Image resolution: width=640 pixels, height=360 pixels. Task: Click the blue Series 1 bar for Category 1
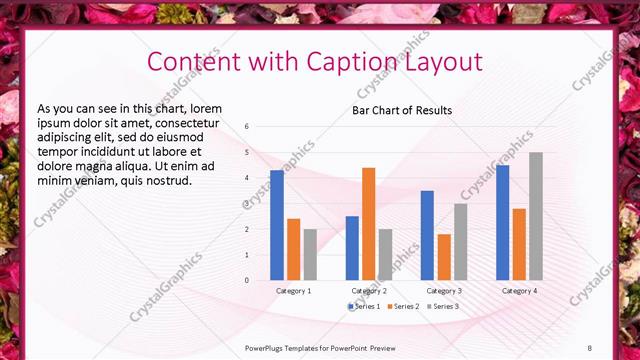(x=277, y=225)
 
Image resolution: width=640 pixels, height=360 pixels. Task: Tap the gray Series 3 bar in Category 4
(x=536, y=216)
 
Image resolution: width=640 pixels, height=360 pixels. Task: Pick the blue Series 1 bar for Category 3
(x=427, y=235)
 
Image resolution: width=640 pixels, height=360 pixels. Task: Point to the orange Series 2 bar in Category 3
(x=444, y=257)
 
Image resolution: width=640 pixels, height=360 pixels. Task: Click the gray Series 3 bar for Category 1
(x=310, y=254)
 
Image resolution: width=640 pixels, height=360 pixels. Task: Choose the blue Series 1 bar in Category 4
(x=502, y=222)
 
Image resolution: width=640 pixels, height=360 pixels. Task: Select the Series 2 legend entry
(x=403, y=306)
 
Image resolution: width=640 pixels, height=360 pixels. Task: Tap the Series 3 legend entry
(x=442, y=306)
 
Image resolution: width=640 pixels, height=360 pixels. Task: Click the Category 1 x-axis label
(x=293, y=290)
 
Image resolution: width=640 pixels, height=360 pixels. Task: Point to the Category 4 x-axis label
(x=518, y=290)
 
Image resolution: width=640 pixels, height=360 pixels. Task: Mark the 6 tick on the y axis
(x=246, y=127)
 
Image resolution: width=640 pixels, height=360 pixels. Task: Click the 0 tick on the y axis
(x=246, y=281)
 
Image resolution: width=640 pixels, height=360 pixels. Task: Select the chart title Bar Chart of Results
(x=402, y=110)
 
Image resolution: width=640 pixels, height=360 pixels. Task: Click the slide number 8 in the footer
(x=589, y=348)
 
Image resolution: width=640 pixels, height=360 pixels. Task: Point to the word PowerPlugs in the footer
(x=267, y=348)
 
